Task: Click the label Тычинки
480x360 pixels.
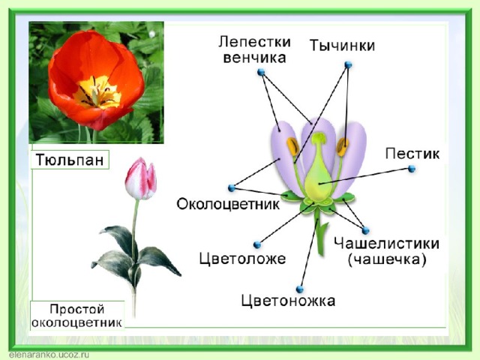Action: click(x=342, y=46)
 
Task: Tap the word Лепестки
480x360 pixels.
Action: click(x=254, y=42)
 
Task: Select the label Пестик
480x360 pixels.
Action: click(x=412, y=154)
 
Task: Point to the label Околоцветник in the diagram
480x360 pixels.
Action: click(x=228, y=204)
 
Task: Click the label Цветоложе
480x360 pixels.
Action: click(x=242, y=259)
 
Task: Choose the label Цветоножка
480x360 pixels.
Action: click(x=288, y=301)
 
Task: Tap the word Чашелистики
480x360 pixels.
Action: click(x=387, y=244)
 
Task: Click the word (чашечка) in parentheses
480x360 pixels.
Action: click(x=387, y=260)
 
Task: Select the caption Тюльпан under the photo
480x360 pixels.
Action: click(x=70, y=160)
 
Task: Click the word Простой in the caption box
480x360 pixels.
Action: click(x=77, y=309)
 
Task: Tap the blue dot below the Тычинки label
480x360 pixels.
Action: click(x=348, y=65)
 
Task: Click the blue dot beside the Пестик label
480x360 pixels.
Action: click(x=412, y=169)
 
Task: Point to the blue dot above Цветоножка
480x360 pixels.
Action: click(x=300, y=289)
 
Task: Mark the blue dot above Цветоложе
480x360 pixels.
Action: click(x=257, y=245)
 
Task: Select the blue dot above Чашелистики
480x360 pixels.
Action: click(x=365, y=230)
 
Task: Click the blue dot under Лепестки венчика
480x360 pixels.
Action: click(x=261, y=72)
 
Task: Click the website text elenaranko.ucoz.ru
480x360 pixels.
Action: click(x=49, y=355)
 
